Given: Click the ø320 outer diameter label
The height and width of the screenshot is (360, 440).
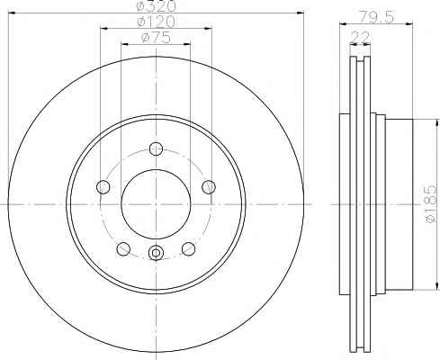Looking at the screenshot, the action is click(x=156, y=6).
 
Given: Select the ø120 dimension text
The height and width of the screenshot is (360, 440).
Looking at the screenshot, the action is click(x=156, y=22).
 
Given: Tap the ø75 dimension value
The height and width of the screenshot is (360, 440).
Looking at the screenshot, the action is click(x=156, y=38).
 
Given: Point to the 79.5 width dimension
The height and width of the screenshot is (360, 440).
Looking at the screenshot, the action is click(x=376, y=17).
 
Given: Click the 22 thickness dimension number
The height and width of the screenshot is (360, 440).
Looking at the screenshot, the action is click(x=360, y=37).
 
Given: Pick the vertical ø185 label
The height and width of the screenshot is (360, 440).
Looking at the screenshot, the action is click(x=430, y=204).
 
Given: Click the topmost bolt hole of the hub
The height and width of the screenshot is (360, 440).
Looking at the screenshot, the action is click(x=156, y=148).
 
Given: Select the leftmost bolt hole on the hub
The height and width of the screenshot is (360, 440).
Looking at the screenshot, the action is click(x=103, y=187).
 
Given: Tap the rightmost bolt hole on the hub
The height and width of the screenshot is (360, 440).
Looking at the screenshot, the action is click(x=209, y=187).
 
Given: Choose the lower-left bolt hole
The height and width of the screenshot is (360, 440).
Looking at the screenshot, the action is click(x=123, y=249).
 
